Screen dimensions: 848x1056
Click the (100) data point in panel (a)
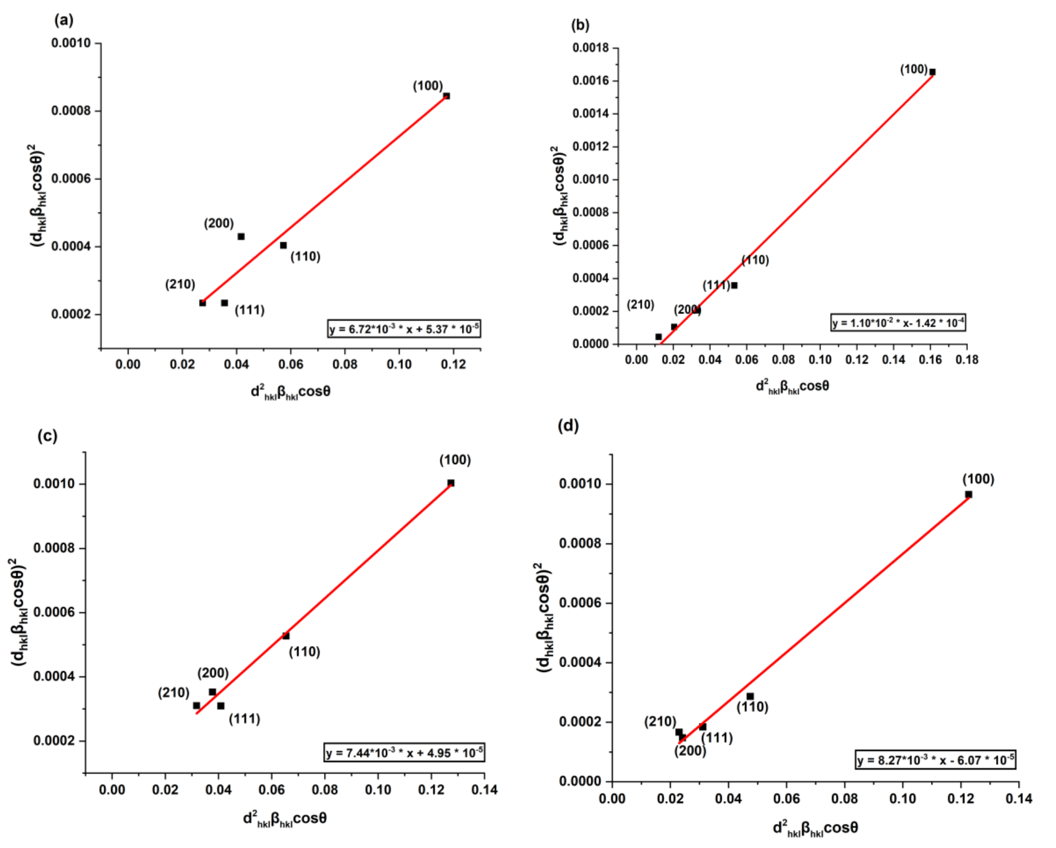[x=446, y=96]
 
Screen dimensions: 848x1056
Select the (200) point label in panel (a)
[x=219, y=223]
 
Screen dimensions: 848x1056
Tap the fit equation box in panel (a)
[x=404, y=328]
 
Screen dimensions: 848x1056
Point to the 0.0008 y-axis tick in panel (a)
[x=71, y=111]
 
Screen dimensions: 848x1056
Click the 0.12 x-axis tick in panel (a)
[x=453, y=364]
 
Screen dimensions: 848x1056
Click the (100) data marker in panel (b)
[x=932, y=72]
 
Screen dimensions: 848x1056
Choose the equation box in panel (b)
[x=898, y=323]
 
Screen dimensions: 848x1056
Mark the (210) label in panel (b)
[x=640, y=305]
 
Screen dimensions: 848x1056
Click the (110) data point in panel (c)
[x=286, y=635]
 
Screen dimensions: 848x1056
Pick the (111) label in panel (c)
[x=244, y=719]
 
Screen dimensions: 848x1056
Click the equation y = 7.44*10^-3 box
[x=404, y=752]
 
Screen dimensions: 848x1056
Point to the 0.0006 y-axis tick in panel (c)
[x=54, y=612]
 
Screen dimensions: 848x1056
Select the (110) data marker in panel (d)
[x=750, y=696]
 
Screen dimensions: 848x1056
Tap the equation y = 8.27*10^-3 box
[x=936, y=760]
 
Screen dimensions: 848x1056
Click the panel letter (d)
[x=568, y=426]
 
